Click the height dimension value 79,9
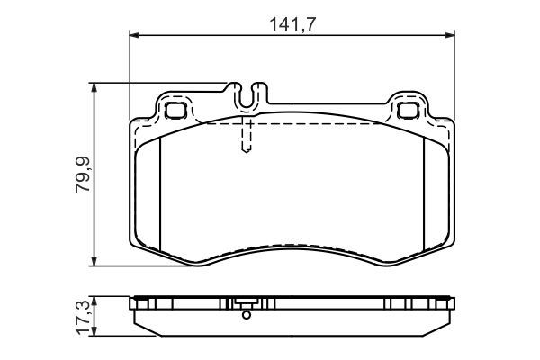(x=82, y=175)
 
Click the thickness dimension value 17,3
(x=82, y=316)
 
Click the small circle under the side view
(x=246, y=314)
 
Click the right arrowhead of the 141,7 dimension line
(x=449, y=35)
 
